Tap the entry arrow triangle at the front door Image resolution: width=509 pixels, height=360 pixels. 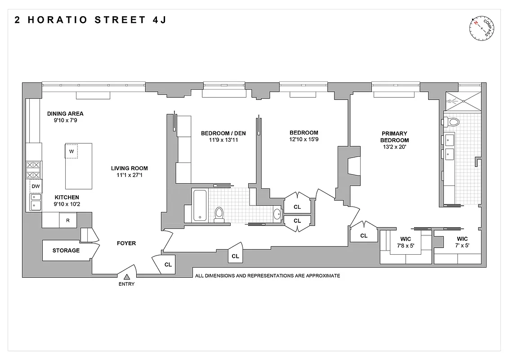(x=127, y=277)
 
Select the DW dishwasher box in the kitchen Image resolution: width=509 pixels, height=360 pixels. (x=36, y=186)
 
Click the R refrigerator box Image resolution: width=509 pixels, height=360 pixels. (x=68, y=220)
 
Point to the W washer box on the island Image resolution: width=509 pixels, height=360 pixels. (x=71, y=151)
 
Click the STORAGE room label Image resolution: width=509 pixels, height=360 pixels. (x=66, y=251)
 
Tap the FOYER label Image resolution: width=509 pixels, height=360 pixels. (x=126, y=243)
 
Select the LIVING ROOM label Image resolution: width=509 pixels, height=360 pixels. (x=129, y=168)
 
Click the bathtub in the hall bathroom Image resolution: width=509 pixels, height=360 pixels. (x=200, y=205)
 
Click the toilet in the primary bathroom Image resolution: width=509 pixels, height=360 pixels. (x=451, y=121)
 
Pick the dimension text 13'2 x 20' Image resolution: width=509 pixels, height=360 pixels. (x=394, y=147)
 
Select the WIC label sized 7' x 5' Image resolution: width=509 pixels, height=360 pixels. (x=462, y=239)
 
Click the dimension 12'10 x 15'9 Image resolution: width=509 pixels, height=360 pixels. (x=304, y=139)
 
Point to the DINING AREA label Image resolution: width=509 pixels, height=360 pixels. (x=65, y=114)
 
